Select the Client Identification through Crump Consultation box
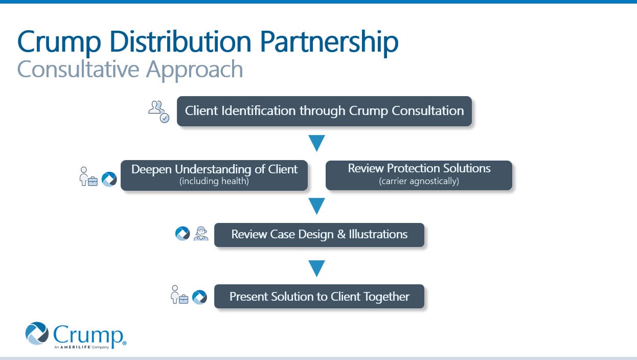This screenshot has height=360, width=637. point(324,111)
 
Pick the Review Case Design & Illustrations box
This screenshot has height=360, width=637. point(319,235)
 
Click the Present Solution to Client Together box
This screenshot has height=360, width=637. point(319,297)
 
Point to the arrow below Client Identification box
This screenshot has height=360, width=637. point(317,143)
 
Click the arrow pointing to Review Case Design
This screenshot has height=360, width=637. point(317,206)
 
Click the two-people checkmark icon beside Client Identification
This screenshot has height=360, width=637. point(158,111)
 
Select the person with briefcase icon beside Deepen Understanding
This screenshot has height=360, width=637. point(87,177)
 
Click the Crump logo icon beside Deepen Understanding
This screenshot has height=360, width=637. point(109,179)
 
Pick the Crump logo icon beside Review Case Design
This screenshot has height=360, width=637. point(183,234)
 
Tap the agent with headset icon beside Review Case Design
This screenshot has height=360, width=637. point(201,234)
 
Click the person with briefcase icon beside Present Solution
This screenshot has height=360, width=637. point(179,295)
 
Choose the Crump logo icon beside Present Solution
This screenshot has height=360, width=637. point(199,297)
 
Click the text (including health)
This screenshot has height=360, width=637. point(214,181)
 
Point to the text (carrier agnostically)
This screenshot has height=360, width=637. point(419,181)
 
